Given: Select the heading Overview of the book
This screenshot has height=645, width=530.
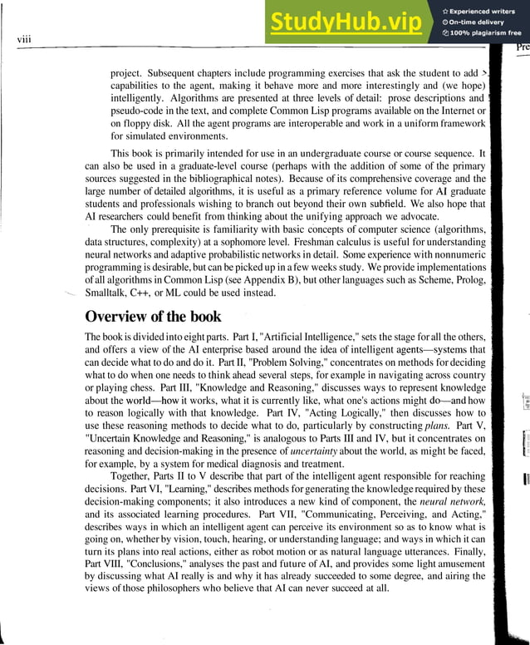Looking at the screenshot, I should (155, 317).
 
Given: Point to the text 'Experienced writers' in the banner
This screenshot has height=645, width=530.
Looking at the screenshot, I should (485, 11).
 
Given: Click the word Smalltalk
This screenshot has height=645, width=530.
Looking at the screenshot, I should (110, 293).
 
